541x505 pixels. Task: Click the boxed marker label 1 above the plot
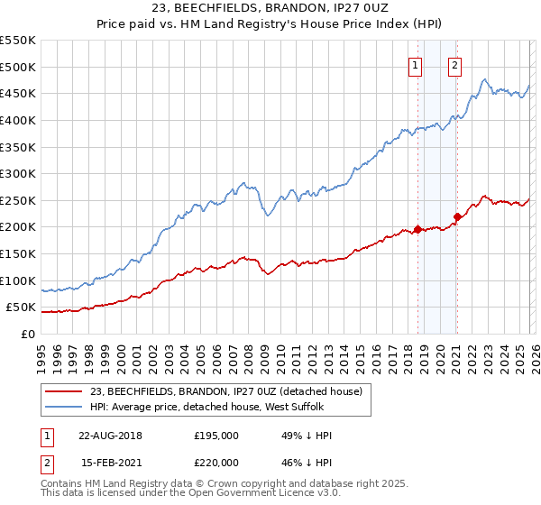415,65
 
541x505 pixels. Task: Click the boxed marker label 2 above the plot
454,65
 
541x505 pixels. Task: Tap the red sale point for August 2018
418,229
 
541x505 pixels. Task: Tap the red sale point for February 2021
457,216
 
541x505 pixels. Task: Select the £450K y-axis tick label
18,93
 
